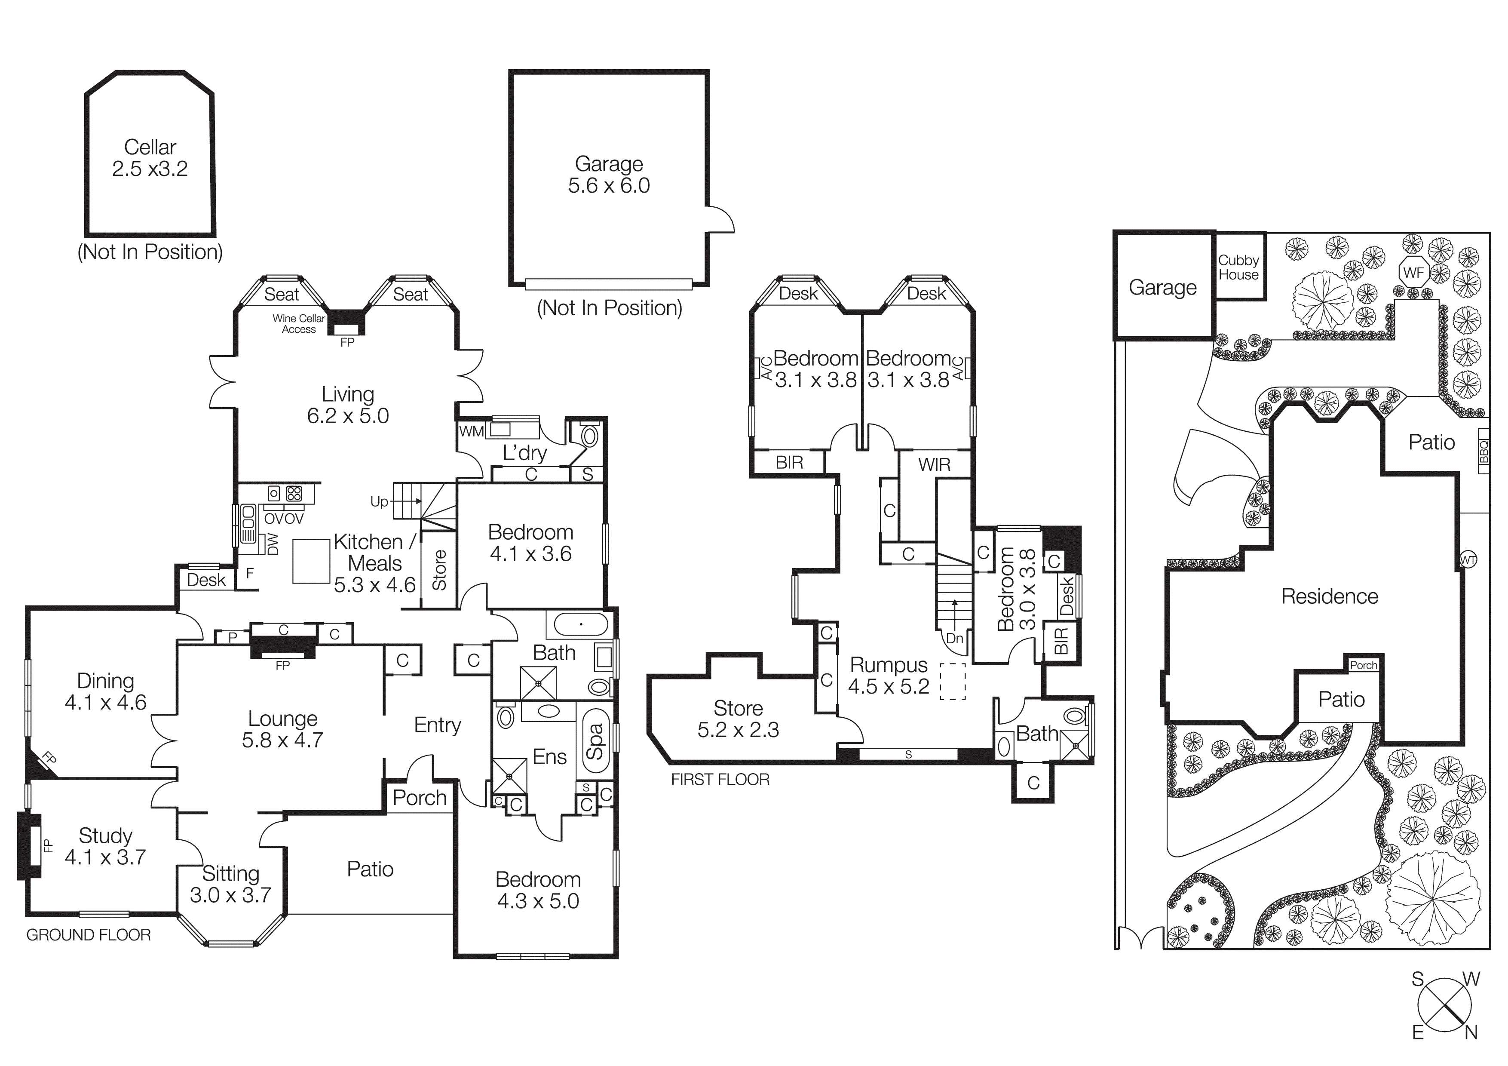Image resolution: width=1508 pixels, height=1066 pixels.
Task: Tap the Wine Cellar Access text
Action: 299,324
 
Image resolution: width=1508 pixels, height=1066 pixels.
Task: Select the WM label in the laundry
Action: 471,432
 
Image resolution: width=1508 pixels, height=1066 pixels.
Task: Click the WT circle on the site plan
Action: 1468,560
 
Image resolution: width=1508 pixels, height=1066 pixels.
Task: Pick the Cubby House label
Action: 1239,267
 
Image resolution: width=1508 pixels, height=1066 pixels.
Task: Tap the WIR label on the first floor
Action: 934,465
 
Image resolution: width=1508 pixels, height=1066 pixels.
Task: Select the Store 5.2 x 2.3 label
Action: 738,719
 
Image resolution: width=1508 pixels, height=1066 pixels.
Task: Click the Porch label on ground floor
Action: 419,798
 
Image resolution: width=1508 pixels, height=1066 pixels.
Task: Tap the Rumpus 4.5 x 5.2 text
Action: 888,675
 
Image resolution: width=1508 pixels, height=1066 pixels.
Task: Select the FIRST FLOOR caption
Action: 720,780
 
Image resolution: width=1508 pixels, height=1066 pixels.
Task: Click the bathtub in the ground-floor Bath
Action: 581,624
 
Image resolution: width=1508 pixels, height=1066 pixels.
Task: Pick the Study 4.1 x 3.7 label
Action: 105,846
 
